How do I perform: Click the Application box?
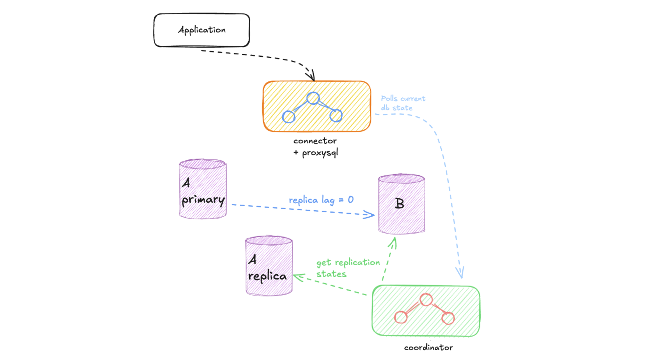[202, 30]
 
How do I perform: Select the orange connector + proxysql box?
[317, 106]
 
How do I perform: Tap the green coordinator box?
[426, 310]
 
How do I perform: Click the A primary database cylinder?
[203, 189]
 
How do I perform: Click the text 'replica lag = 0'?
[321, 200]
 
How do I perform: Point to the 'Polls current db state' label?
[403, 103]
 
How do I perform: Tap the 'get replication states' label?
[348, 268]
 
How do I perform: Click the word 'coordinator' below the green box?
[428, 347]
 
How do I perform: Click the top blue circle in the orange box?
[313, 98]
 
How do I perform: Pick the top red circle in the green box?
[425, 300]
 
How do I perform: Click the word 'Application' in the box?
[202, 30]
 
